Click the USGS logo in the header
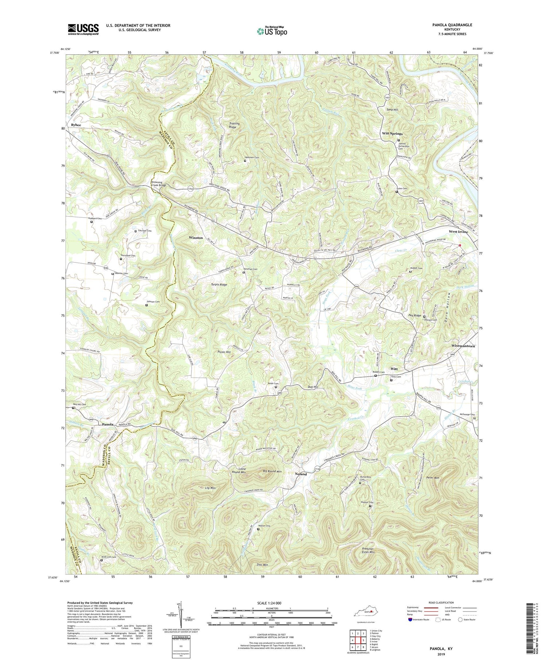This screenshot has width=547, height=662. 83,29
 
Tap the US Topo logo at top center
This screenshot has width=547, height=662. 272,31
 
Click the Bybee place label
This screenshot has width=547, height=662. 76,125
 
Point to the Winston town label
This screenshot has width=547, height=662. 196,238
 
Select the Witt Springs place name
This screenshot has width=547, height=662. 392,134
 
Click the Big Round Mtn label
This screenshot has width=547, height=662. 272,471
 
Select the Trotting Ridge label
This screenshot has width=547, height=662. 232,125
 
